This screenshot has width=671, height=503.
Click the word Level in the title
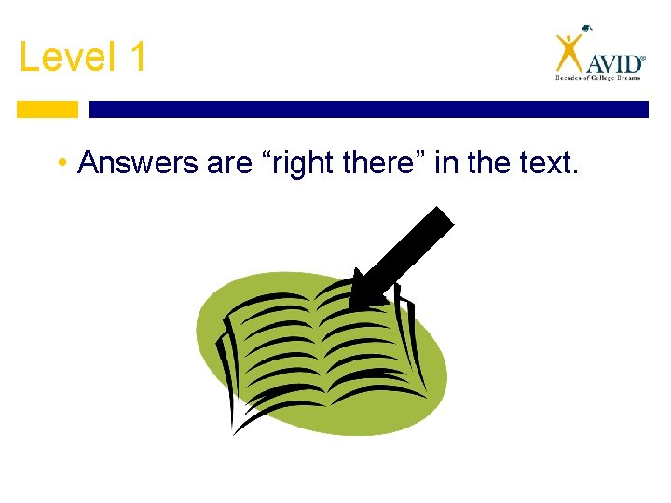62,58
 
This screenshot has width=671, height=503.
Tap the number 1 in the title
135,58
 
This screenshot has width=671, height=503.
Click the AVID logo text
613,63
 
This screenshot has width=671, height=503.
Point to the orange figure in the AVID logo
569,52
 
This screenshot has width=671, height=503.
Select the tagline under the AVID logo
599,79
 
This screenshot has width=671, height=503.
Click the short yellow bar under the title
48,109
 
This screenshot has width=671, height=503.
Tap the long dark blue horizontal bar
368,109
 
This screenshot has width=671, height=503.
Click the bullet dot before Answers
59,164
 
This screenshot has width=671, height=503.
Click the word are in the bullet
229,163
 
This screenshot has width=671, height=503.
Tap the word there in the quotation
386,163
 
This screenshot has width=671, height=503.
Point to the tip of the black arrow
354,303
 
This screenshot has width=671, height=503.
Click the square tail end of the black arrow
437,224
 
